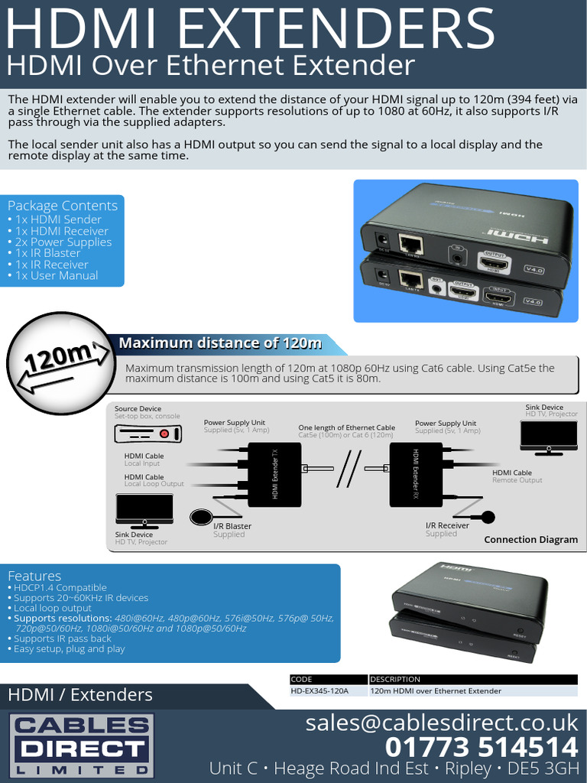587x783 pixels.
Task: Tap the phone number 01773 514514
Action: (x=482, y=747)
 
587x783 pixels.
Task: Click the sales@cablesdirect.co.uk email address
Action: (x=442, y=722)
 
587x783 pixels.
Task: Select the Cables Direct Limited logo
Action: (x=81, y=746)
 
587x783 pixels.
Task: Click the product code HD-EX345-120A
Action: (x=319, y=690)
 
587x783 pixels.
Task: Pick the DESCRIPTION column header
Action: (x=395, y=679)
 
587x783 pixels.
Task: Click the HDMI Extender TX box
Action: (x=274, y=474)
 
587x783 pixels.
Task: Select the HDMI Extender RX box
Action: (x=416, y=474)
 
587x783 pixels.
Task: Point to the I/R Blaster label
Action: (x=232, y=526)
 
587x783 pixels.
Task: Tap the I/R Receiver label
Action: (x=447, y=525)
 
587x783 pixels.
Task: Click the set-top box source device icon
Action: (x=148, y=434)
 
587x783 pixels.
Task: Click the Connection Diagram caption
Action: (x=530, y=539)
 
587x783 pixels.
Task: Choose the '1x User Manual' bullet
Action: (x=57, y=275)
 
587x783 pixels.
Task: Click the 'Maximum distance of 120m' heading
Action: (x=220, y=343)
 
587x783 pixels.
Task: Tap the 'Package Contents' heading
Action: (x=63, y=206)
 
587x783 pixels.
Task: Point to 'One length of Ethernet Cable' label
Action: (x=346, y=427)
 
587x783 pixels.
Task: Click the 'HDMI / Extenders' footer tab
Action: (x=80, y=695)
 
